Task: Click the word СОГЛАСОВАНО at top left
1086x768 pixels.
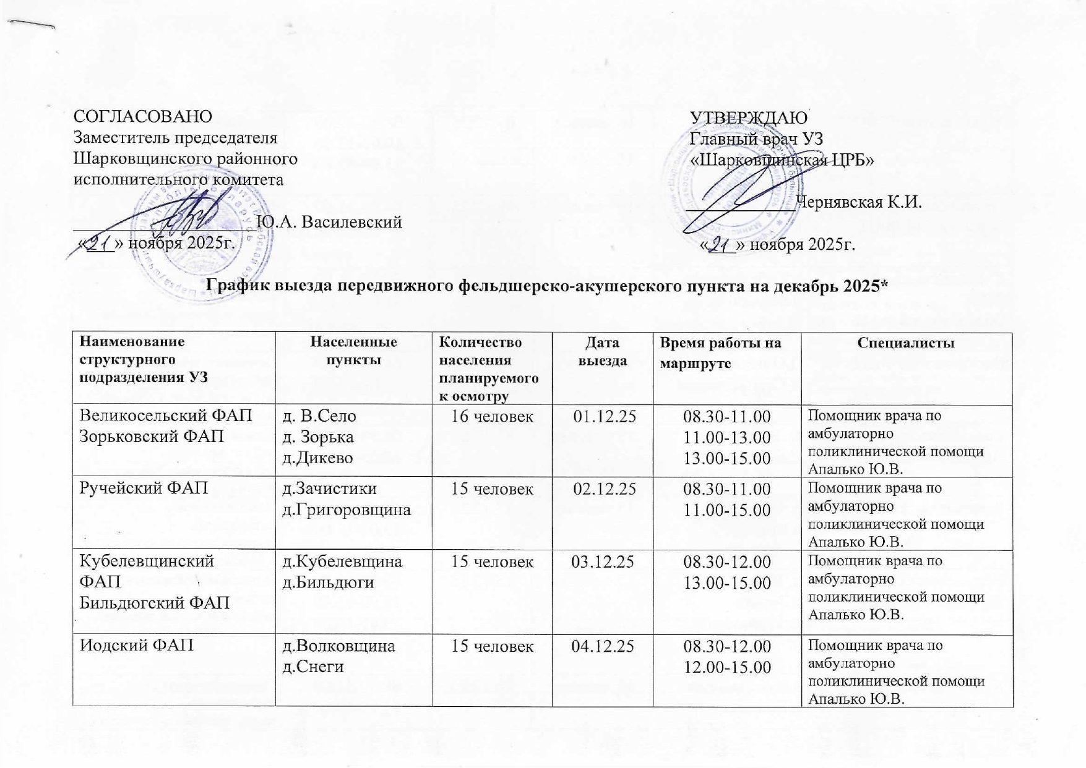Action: (x=142, y=116)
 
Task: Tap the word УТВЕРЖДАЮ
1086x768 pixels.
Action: (x=748, y=117)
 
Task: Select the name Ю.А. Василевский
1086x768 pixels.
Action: (x=329, y=221)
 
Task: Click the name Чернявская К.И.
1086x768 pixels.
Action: (x=859, y=202)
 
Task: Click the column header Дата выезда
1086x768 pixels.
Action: (x=602, y=351)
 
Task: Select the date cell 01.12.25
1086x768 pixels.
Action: (x=604, y=416)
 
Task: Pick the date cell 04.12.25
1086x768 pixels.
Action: (x=603, y=647)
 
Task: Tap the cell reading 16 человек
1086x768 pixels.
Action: (x=492, y=416)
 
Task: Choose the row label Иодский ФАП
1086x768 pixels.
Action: (x=137, y=646)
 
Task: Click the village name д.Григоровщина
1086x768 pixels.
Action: (x=347, y=510)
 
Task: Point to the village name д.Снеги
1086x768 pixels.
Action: (x=313, y=667)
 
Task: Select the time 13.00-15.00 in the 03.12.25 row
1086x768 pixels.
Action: (x=726, y=583)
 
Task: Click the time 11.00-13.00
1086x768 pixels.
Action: (x=726, y=437)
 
